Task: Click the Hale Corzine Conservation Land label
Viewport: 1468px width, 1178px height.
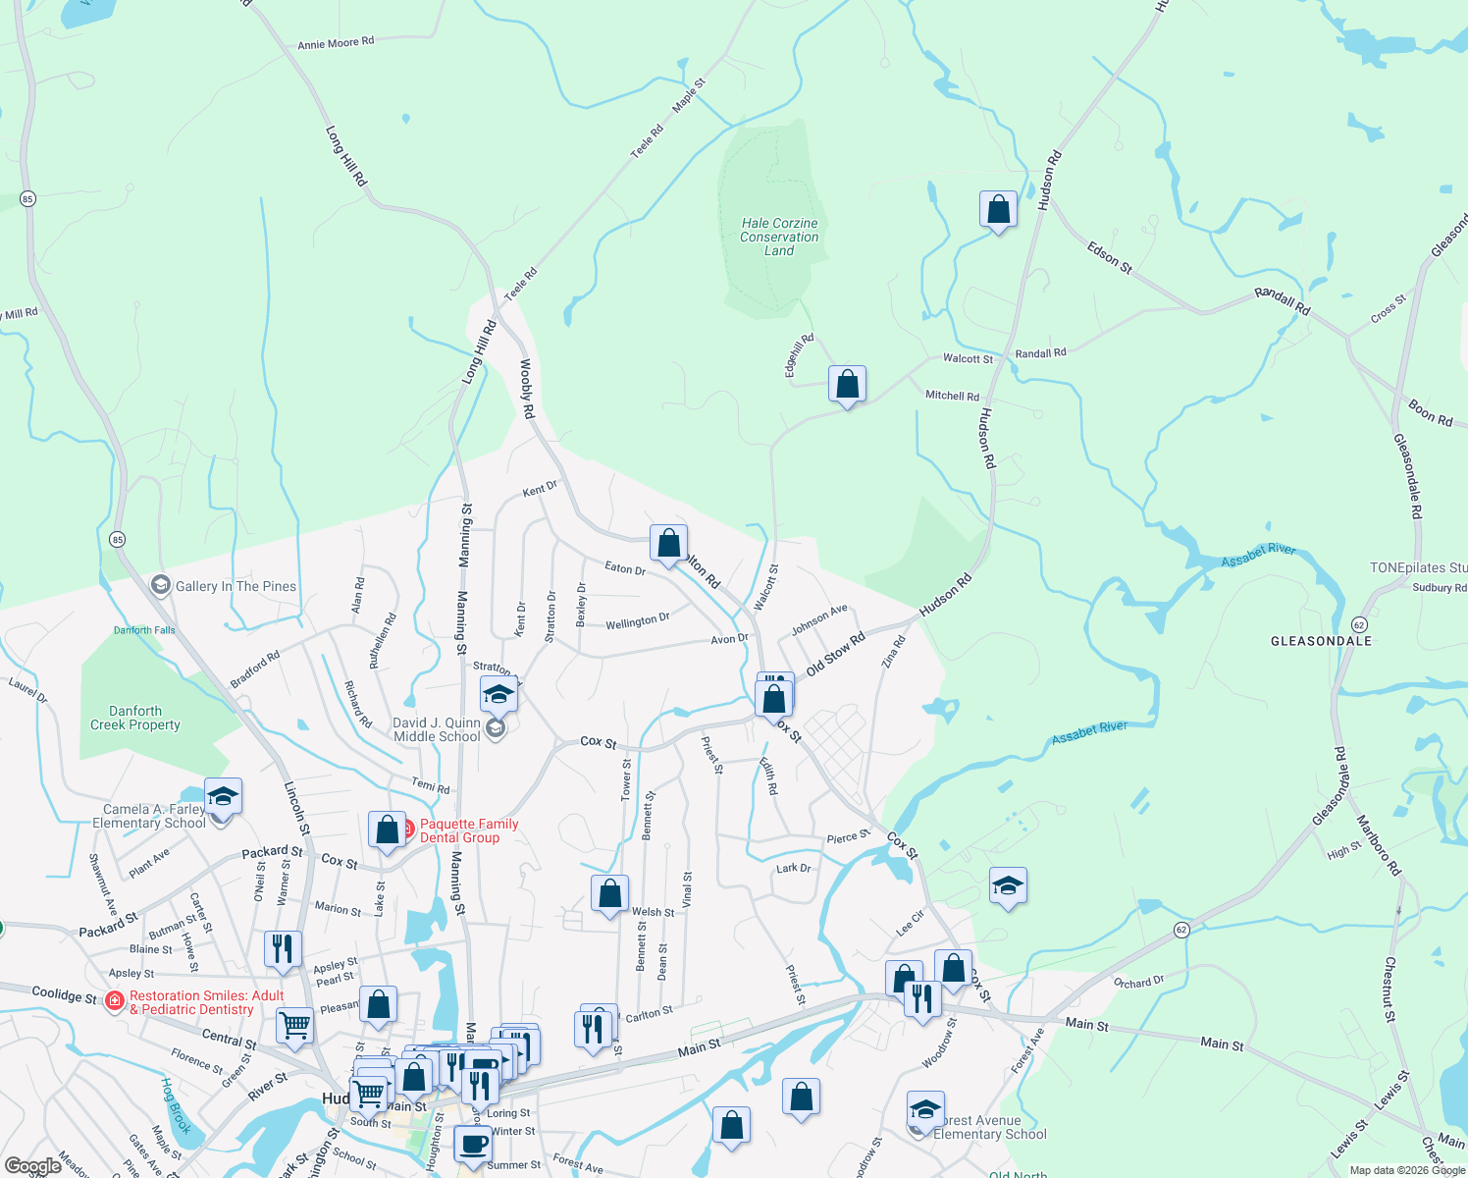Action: (x=779, y=237)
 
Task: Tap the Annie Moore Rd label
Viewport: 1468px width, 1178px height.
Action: (x=336, y=44)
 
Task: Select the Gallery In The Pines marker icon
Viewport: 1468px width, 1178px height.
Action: (x=160, y=586)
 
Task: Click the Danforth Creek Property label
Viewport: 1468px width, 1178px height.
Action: (x=135, y=718)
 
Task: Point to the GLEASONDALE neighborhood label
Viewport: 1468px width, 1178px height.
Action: (x=1321, y=641)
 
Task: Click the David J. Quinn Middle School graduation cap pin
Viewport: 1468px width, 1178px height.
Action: (x=498, y=695)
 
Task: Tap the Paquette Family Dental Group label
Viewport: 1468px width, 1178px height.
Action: (x=469, y=830)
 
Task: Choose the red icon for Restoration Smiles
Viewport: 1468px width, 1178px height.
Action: (x=115, y=1001)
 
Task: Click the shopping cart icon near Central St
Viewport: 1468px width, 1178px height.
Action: (x=294, y=1026)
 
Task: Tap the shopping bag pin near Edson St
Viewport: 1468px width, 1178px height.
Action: (x=998, y=210)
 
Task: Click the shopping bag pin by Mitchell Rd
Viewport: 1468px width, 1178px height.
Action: (x=847, y=385)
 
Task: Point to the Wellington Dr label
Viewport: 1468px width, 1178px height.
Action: (x=637, y=621)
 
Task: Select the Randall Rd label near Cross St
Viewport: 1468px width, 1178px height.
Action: (x=1282, y=301)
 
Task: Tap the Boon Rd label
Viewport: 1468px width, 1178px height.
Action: (x=1430, y=412)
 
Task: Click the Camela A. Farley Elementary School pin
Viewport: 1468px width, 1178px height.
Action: (x=223, y=797)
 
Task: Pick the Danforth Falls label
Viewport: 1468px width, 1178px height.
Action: (x=144, y=630)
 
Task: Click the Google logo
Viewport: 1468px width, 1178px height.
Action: (x=32, y=1166)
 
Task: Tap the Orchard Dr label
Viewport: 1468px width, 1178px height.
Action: (x=1138, y=982)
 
